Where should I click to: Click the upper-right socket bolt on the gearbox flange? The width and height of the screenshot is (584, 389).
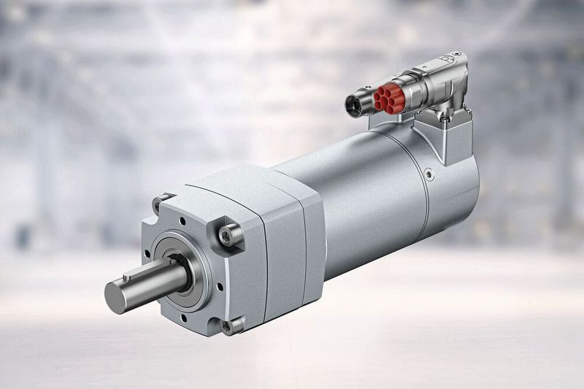(x=231, y=234)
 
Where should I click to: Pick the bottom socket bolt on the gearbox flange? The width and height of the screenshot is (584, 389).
(x=231, y=326)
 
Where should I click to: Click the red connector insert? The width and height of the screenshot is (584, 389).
(x=388, y=99)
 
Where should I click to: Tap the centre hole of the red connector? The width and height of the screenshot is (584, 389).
(x=388, y=99)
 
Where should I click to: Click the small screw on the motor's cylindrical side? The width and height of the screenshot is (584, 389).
(x=429, y=175)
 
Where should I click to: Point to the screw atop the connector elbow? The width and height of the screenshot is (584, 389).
(x=457, y=56)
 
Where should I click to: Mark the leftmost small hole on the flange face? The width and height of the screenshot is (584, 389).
(x=148, y=255)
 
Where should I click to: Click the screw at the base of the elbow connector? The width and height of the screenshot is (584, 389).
(x=444, y=117)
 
